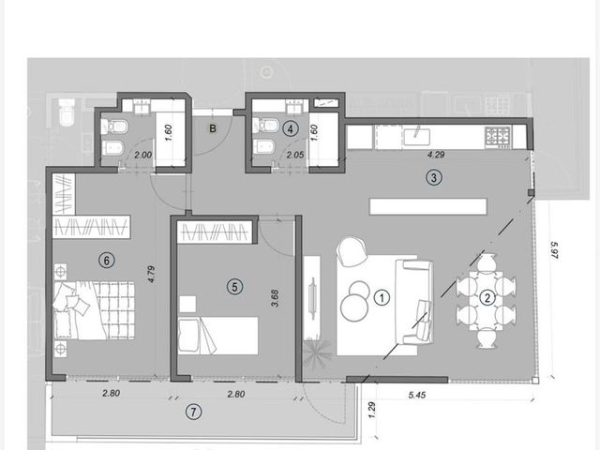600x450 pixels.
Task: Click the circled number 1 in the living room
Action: (x=382, y=297)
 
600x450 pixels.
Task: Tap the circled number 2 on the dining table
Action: (x=487, y=298)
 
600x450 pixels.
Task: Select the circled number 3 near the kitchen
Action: (x=434, y=177)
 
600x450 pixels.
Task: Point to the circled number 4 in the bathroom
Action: (x=290, y=129)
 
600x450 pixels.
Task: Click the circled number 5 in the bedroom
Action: (x=234, y=287)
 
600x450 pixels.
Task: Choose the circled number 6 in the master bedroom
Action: (x=106, y=261)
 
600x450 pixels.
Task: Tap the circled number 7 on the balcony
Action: (x=193, y=412)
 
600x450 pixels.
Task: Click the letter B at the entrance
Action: (x=213, y=128)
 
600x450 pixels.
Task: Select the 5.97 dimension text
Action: (x=554, y=249)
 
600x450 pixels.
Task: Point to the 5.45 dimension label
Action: (x=416, y=395)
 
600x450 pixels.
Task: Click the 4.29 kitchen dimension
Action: (x=436, y=155)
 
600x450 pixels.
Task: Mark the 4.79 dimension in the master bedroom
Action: (x=152, y=275)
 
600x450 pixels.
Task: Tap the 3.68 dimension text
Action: (x=275, y=298)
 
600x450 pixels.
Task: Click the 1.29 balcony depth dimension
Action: (x=372, y=410)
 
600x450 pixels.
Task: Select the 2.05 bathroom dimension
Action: (x=295, y=155)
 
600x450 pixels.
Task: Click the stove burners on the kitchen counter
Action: (x=498, y=138)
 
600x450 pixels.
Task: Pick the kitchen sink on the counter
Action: (x=416, y=137)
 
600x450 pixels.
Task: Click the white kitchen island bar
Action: (x=428, y=206)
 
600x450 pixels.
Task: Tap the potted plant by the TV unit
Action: (x=317, y=354)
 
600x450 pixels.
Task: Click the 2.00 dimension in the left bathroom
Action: (x=142, y=155)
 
